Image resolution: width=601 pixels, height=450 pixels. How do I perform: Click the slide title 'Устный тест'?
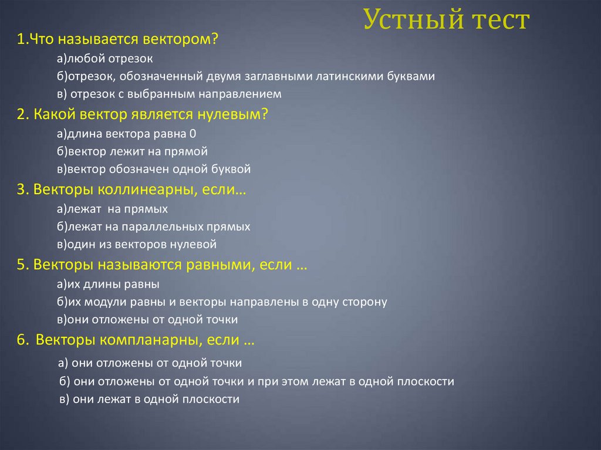446,21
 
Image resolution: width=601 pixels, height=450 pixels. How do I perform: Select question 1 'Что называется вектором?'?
117,40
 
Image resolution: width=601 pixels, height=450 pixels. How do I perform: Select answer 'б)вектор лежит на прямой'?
133,151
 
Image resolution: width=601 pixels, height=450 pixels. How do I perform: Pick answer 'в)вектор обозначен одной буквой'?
154,170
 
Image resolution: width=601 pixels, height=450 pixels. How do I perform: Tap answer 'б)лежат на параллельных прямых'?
154,226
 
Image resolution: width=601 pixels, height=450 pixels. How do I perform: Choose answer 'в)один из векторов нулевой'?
137,244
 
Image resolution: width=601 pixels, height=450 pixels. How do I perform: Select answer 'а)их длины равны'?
109,285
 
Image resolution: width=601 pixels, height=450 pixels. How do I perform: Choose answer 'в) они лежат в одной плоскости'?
150,400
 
